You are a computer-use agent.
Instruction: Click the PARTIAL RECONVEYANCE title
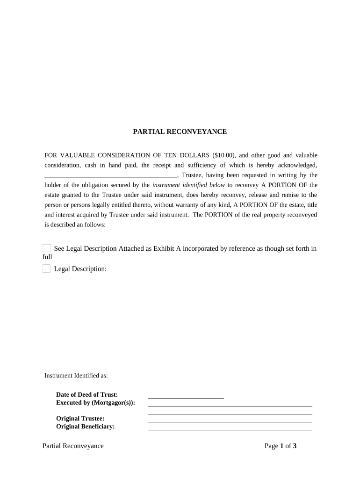180,132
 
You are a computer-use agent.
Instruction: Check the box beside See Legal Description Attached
47,248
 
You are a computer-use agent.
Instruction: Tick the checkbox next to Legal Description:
47,269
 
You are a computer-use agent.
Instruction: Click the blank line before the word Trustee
111,175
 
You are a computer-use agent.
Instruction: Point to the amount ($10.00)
223,155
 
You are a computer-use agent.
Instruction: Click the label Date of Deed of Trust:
87,395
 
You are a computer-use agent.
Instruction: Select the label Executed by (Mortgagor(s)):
95,403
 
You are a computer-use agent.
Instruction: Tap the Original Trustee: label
80,419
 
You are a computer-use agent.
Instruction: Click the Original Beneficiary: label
86,427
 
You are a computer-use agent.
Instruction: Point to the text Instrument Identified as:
76,376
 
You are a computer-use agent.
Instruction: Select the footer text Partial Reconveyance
73,446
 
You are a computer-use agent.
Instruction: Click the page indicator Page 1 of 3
281,446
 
